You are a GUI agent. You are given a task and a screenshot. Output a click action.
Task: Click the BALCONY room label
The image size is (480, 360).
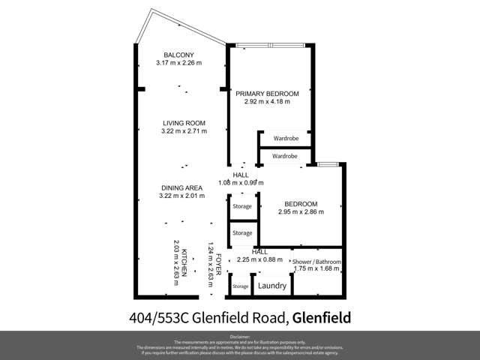tap(179, 55)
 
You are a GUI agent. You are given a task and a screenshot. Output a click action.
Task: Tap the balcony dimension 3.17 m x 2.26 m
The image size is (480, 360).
tap(179, 63)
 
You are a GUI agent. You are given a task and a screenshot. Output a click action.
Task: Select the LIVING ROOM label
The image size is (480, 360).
tap(184, 123)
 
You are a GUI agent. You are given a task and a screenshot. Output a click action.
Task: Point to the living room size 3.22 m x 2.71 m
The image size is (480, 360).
tap(184, 131)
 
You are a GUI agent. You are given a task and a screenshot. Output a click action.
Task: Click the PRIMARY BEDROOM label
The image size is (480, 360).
tap(267, 94)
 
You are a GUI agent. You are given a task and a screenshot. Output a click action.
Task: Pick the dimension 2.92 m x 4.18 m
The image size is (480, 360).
tap(267, 102)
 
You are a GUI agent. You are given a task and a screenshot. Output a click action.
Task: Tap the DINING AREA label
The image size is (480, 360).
tap(181, 188)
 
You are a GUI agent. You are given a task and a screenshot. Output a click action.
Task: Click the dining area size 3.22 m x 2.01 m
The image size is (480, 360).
tap(182, 196)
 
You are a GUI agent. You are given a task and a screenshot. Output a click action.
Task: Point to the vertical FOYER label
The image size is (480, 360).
tap(218, 267)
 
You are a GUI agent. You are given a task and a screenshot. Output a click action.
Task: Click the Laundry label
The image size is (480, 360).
tap(271, 286)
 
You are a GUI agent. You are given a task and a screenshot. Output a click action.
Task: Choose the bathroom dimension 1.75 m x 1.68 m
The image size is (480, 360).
tap(316, 269)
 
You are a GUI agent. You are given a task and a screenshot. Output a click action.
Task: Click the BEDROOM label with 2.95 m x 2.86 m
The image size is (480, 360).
tap(301, 204)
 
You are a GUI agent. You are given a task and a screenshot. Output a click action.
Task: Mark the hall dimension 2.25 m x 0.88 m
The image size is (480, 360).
tap(259, 259)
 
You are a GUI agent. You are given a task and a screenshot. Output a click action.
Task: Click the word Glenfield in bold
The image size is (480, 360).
tap(321, 317)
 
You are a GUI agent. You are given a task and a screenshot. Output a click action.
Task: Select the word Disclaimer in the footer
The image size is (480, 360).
tap(240, 337)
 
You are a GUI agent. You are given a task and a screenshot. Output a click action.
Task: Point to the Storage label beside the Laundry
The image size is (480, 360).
tap(240, 286)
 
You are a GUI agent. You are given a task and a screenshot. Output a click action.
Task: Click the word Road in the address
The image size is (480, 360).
tap(267, 317)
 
